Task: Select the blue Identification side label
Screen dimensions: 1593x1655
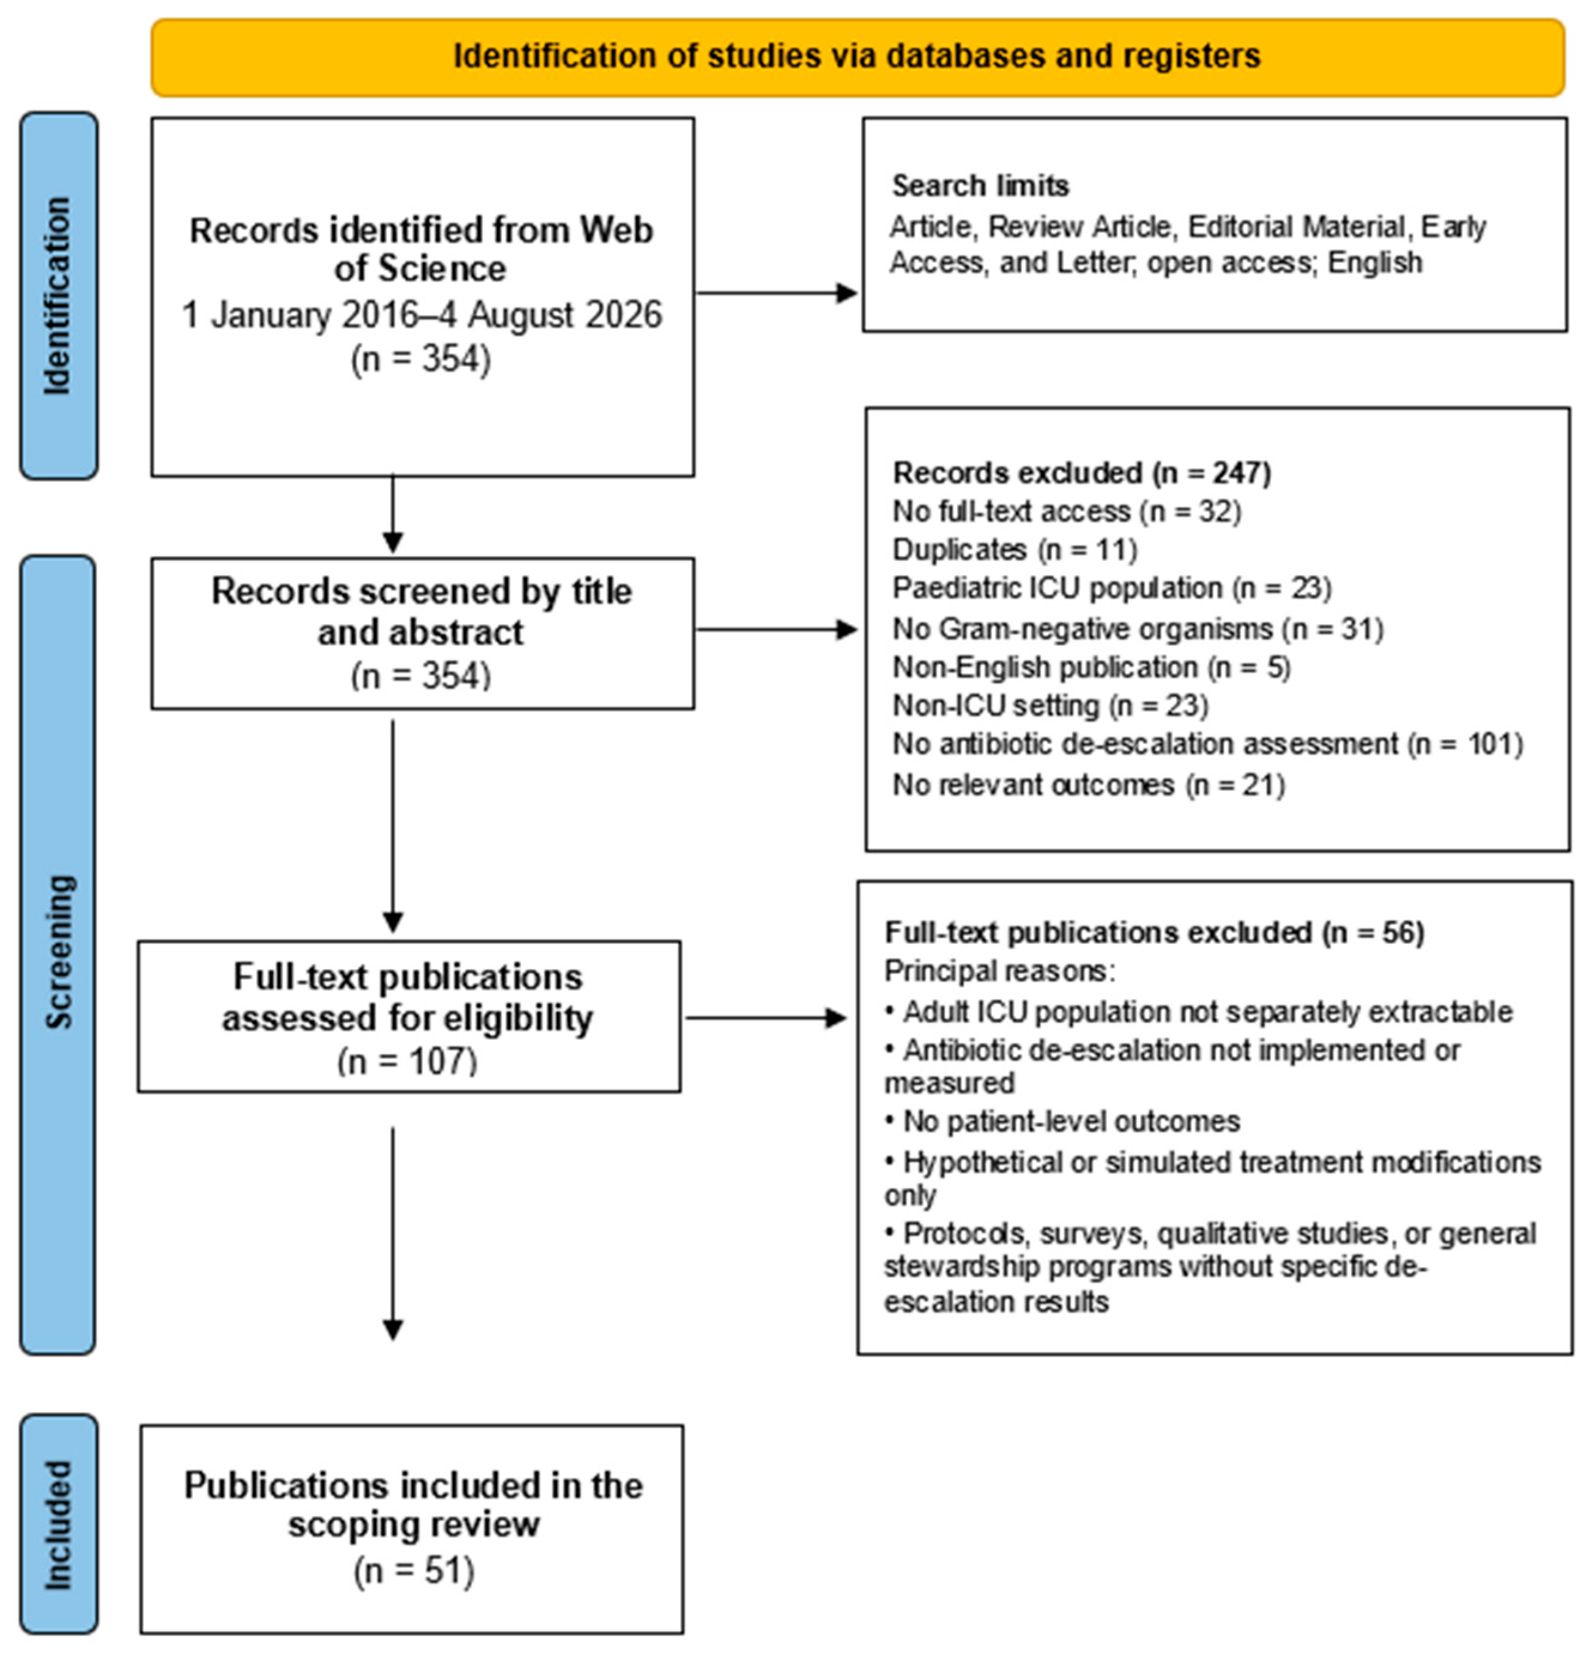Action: pyautogui.click(x=58, y=296)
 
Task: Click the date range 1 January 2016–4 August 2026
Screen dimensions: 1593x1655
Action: pyautogui.click(x=422, y=315)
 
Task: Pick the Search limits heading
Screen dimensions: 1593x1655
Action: pyautogui.click(x=980, y=186)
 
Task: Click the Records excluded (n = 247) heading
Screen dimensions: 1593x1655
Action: pyautogui.click(x=1082, y=473)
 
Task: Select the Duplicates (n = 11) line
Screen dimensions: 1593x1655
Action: pyautogui.click(x=1015, y=549)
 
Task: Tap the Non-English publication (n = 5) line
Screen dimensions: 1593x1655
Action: pyautogui.click(x=1092, y=667)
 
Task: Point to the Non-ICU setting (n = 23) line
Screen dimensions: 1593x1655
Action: pyautogui.click(x=1051, y=705)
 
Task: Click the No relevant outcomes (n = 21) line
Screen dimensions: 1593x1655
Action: pyautogui.click(x=1089, y=785)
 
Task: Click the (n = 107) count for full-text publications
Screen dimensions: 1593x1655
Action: pyautogui.click(x=407, y=1061)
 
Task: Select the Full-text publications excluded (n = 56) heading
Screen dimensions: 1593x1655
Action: pyautogui.click(x=1155, y=932)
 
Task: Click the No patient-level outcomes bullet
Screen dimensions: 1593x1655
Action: pyautogui.click(x=1062, y=1121)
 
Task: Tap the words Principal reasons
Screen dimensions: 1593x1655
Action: pyautogui.click(x=999, y=971)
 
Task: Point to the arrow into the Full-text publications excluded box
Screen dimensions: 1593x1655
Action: pyautogui.click(x=766, y=1018)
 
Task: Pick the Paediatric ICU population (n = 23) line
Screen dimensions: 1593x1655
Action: pyautogui.click(x=1112, y=588)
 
